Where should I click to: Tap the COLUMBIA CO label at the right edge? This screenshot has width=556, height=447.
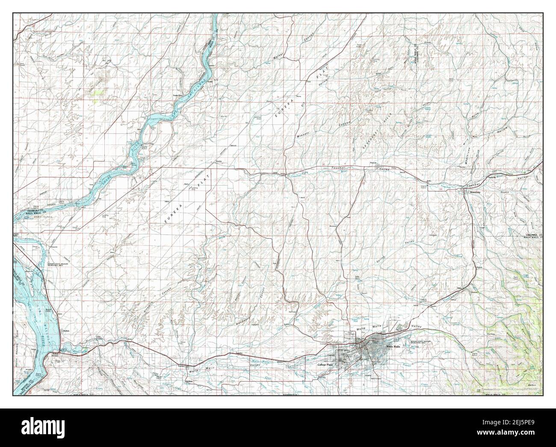click(534, 235)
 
